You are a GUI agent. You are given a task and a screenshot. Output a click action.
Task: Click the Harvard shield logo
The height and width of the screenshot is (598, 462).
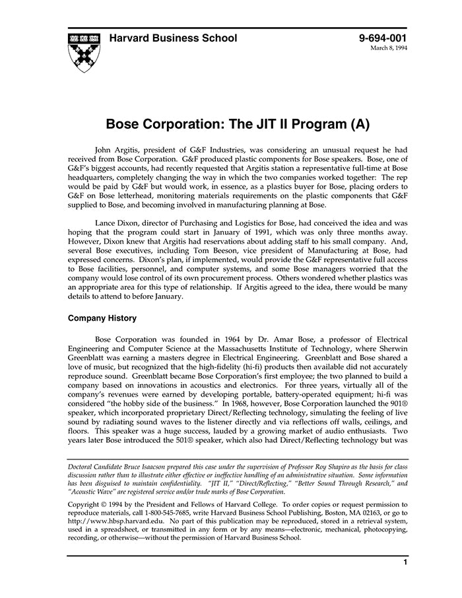point(84,52)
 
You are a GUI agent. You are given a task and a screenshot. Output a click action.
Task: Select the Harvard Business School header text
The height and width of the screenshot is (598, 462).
point(173,38)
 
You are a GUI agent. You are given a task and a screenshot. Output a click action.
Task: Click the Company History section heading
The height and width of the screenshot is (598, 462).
point(102,318)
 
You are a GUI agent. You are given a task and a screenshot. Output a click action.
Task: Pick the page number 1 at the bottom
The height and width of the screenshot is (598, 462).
point(405,562)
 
